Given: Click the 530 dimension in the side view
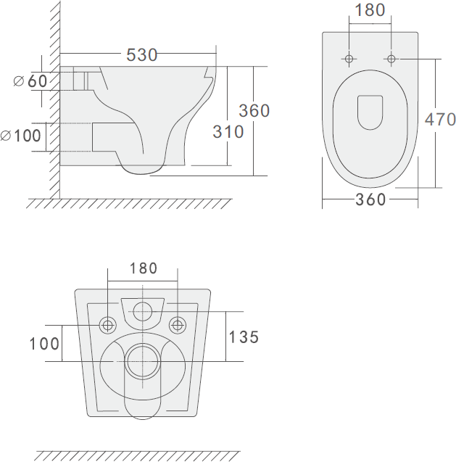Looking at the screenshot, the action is [x=141, y=55].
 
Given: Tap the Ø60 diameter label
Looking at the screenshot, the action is [x=30, y=81].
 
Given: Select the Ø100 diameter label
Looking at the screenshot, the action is [x=20, y=136].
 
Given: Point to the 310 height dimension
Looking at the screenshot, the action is [x=228, y=132].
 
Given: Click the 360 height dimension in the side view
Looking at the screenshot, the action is [x=254, y=111].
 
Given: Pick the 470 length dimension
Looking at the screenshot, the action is [x=440, y=120].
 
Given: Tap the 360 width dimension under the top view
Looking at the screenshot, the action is [x=370, y=199].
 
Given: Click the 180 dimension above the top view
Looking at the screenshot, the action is [x=370, y=10].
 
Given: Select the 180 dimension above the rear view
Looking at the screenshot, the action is [x=144, y=268].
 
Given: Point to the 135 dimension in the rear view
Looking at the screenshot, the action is [x=244, y=337].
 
